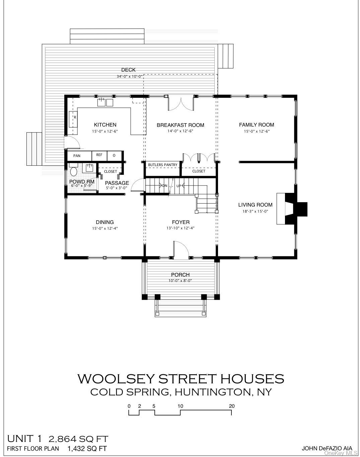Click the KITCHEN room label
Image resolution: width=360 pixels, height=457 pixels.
[105, 125]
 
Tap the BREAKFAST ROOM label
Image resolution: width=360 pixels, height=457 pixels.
[181, 125]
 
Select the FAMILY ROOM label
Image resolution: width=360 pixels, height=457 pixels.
[257, 125]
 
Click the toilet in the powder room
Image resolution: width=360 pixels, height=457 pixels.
[74, 171]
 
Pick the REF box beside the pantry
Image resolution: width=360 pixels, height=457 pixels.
[99, 155]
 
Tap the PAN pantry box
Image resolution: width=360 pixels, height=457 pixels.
[77, 156]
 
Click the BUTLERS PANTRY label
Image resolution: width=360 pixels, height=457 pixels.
[163, 165]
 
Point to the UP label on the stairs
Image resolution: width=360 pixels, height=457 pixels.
[179, 186]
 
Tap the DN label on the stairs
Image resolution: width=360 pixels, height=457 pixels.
[165, 186]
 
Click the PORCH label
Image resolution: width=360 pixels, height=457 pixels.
[181, 275]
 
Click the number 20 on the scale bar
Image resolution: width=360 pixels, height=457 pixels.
[232, 406]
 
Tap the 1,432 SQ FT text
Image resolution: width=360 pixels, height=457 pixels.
[87, 449]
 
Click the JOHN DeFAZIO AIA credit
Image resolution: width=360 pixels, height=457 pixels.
[327, 448]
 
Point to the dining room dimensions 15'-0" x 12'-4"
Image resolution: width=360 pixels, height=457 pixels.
[105, 228]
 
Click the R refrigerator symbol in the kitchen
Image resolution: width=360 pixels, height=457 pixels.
[75, 118]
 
